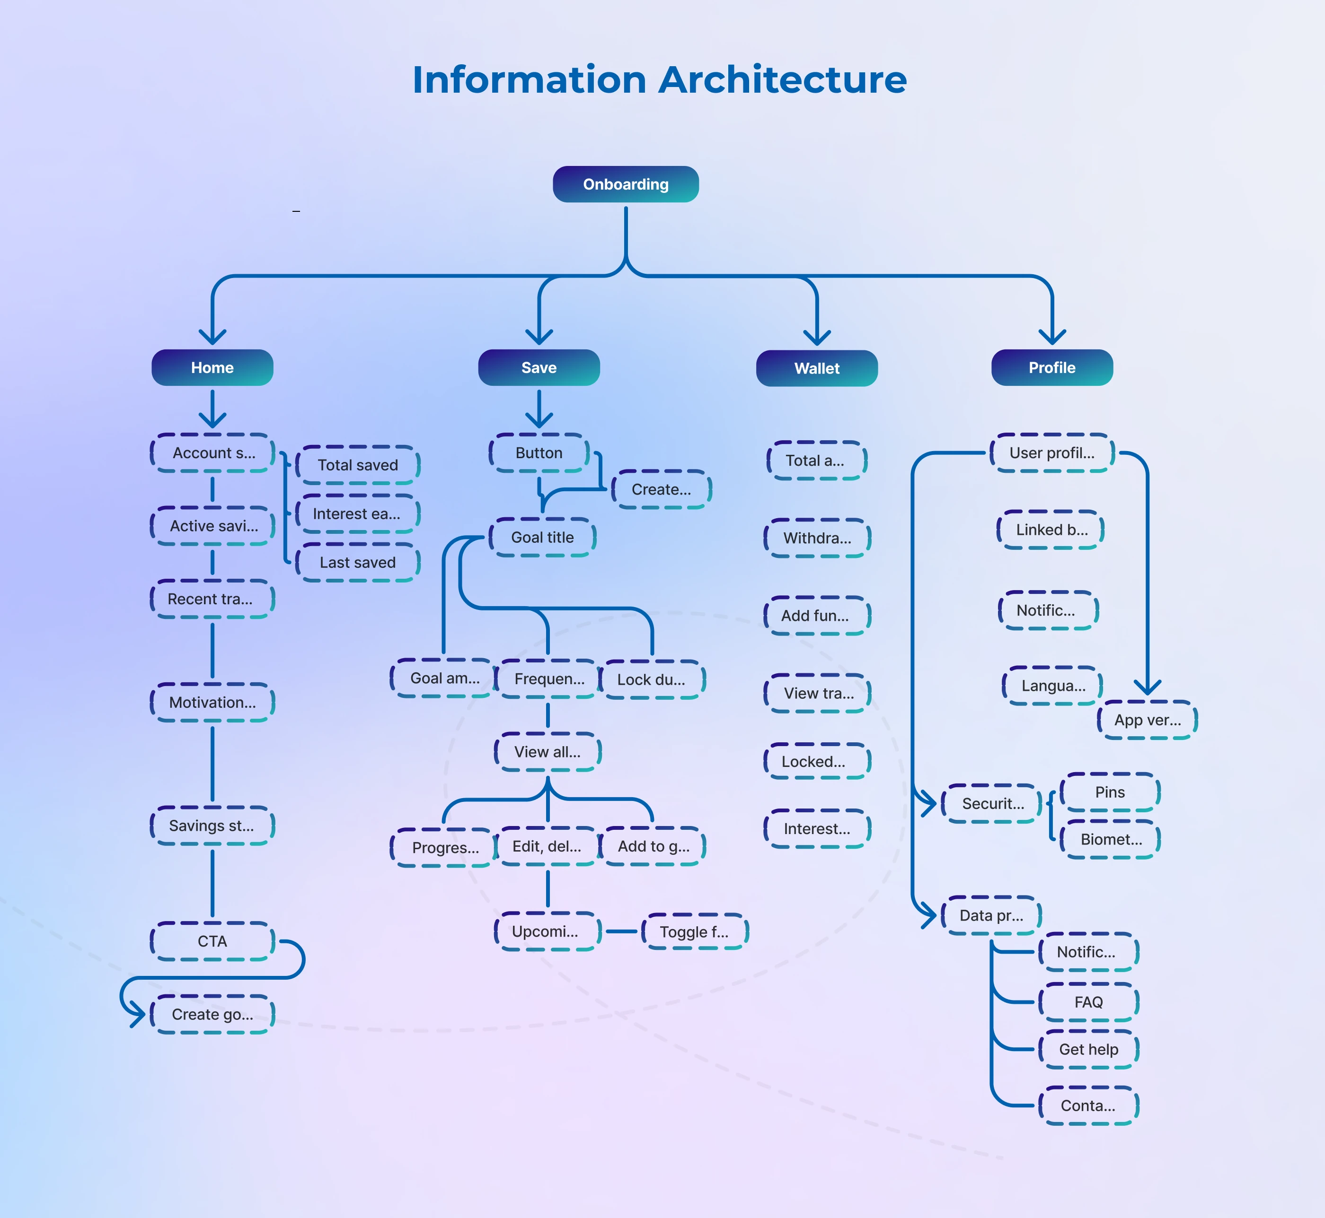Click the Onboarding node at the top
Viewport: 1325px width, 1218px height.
tap(625, 184)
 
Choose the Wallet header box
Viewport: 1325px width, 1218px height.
tap(816, 368)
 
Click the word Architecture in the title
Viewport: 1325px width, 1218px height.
tap(782, 80)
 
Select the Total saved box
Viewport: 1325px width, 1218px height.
tap(357, 465)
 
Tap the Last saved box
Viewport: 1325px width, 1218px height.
tap(357, 562)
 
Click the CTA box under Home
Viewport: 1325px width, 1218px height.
tap(212, 941)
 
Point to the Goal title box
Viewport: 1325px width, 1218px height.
tap(542, 537)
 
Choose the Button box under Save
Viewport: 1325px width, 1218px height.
tap(539, 453)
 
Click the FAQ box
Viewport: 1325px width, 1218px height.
tap(1088, 1002)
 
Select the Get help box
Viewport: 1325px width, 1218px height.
tap(1088, 1049)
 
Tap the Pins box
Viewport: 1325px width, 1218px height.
tap(1110, 792)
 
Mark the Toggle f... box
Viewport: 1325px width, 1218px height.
tap(695, 931)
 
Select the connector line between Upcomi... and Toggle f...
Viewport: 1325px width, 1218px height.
tap(621, 931)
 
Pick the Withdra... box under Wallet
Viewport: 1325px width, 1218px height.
tap(817, 538)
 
